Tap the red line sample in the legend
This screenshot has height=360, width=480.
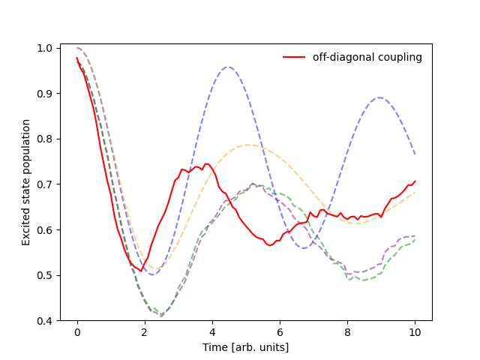coord(295,57)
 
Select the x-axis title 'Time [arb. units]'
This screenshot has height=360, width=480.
coord(245,347)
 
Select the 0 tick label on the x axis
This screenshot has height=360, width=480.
coord(77,331)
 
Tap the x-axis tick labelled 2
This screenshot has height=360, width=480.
coord(145,331)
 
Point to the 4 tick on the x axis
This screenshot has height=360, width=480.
coord(212,331)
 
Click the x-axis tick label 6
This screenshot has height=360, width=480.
coord(280,331)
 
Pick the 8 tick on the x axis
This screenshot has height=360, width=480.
coord(347,331)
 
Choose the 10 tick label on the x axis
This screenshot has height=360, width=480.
coord(415,331)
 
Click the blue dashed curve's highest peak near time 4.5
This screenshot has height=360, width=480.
coord(229,67)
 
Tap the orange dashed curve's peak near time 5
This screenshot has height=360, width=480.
coord(247,145)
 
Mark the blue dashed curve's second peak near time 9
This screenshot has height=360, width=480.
coord(379,97)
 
